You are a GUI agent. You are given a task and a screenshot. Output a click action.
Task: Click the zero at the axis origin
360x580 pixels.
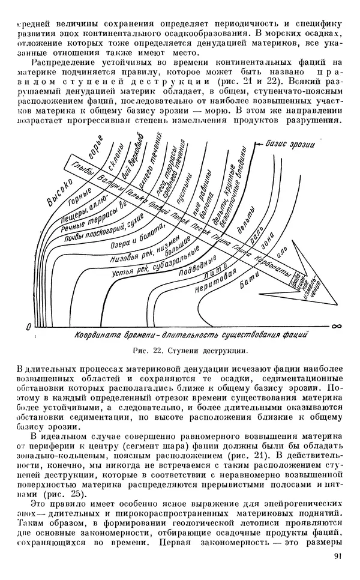coord(28,326)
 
